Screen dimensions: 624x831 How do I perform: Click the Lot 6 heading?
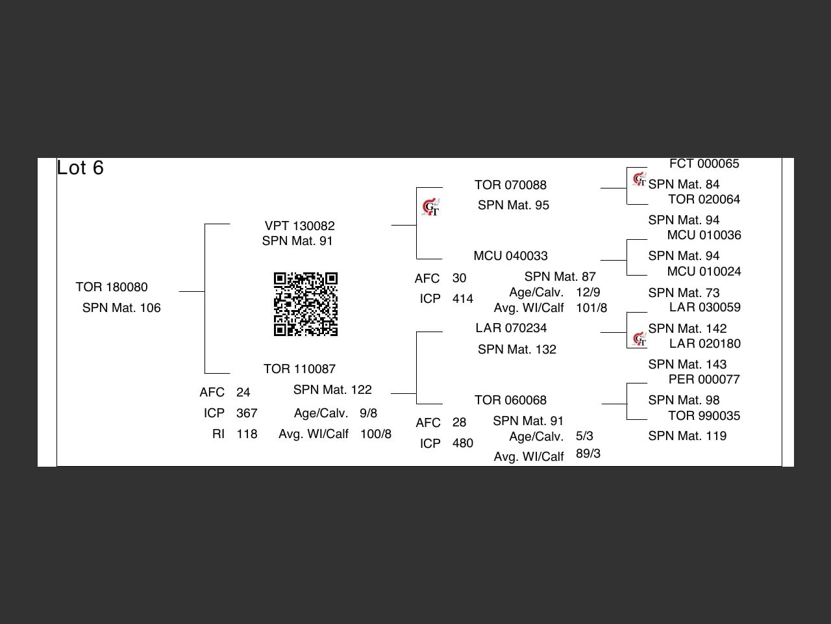pos(81,168)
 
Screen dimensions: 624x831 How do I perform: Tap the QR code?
pos(306,304)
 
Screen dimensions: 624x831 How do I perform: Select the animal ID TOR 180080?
pos(112,287)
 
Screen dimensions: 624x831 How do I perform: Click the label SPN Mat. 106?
pos(121,308)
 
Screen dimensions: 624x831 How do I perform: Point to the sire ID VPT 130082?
pos(300,226)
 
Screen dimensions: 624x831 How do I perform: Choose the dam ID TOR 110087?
pos(300,369)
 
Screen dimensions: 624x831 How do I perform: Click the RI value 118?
pos(247,434)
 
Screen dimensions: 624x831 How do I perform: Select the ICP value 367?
pos(247,413)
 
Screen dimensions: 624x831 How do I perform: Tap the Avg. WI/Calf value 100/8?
pos(376,434)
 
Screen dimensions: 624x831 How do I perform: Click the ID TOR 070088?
pos(510,185)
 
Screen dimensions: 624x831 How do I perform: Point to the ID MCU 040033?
pos(510,256)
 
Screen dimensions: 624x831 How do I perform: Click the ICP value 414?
pos(463,299)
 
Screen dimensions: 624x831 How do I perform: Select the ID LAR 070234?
pos(511,328)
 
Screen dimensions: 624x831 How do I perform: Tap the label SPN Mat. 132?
pos(517,350)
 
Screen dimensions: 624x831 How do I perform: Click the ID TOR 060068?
pos(510,400)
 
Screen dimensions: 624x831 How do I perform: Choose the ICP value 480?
pos(463,443)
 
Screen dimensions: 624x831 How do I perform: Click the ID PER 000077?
pos(704,380)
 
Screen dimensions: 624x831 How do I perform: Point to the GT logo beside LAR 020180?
pos(639,339)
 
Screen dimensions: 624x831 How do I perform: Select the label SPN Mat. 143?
pos(687,365)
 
